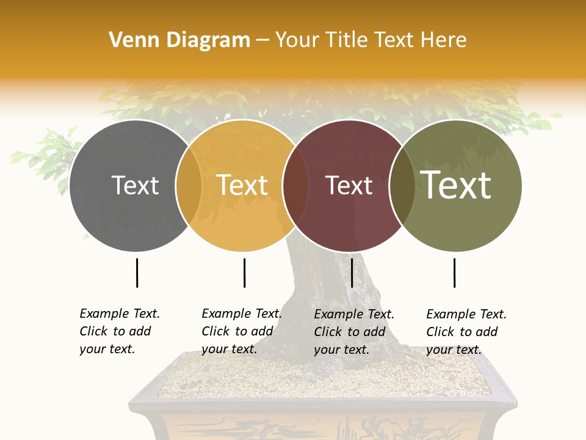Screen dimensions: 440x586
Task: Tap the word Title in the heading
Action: tap(346, 40)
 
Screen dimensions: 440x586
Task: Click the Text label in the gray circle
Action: tap(135, 185)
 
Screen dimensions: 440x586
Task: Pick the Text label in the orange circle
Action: tap(242, 185)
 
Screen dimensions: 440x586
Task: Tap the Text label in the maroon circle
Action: tap(349, 186)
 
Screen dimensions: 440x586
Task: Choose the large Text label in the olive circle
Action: tap(456, 185)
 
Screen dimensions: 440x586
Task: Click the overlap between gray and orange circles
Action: tap(189, 186)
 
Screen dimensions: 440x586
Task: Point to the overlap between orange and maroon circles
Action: tap(295, 186)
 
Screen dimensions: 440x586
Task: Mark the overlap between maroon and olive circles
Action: tap(402, 186)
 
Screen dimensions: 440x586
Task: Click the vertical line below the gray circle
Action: tap(137, 273)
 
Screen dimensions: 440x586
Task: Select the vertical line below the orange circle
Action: tap(244, 273)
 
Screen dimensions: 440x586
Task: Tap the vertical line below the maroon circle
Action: tap(352, 273)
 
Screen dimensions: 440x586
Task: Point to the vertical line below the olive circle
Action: tap(454, 273)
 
